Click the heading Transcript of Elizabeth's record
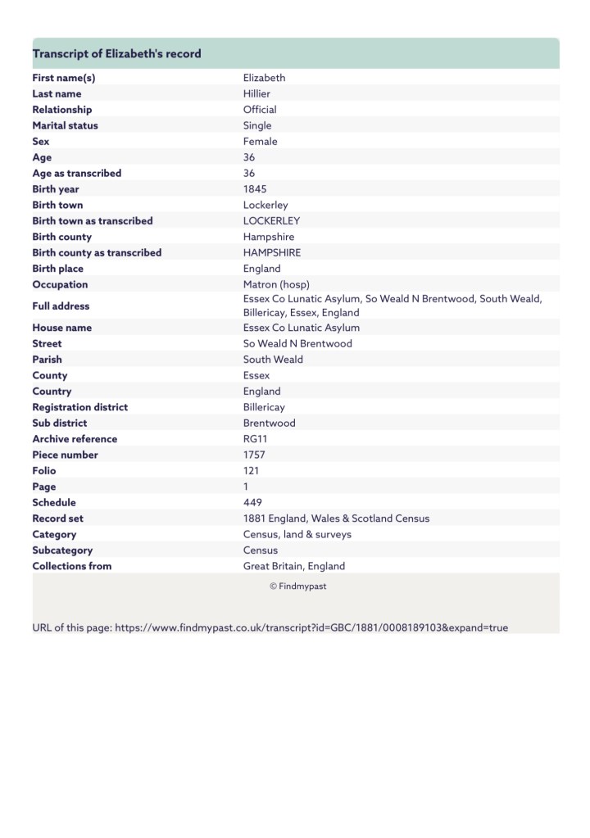coord(116,54)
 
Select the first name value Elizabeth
coord(264,78)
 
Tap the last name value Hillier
coord(256,93)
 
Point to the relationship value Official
coord(260,110)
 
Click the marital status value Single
coord(257,125)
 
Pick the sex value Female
coord(260,142)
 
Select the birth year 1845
coord(255,189)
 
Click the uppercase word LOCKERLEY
coord(271,221)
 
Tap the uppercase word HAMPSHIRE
coord(272,253)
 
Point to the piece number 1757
coord(255,455)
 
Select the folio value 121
coord(251,471)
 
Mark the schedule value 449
coord(252,503)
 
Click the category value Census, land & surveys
coord(297,534)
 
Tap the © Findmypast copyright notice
coord(297,587)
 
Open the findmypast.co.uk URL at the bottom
coord(311,627)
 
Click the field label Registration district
coord(79,407)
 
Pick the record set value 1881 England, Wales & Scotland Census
coord(336,519)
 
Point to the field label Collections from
coord(71,566)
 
